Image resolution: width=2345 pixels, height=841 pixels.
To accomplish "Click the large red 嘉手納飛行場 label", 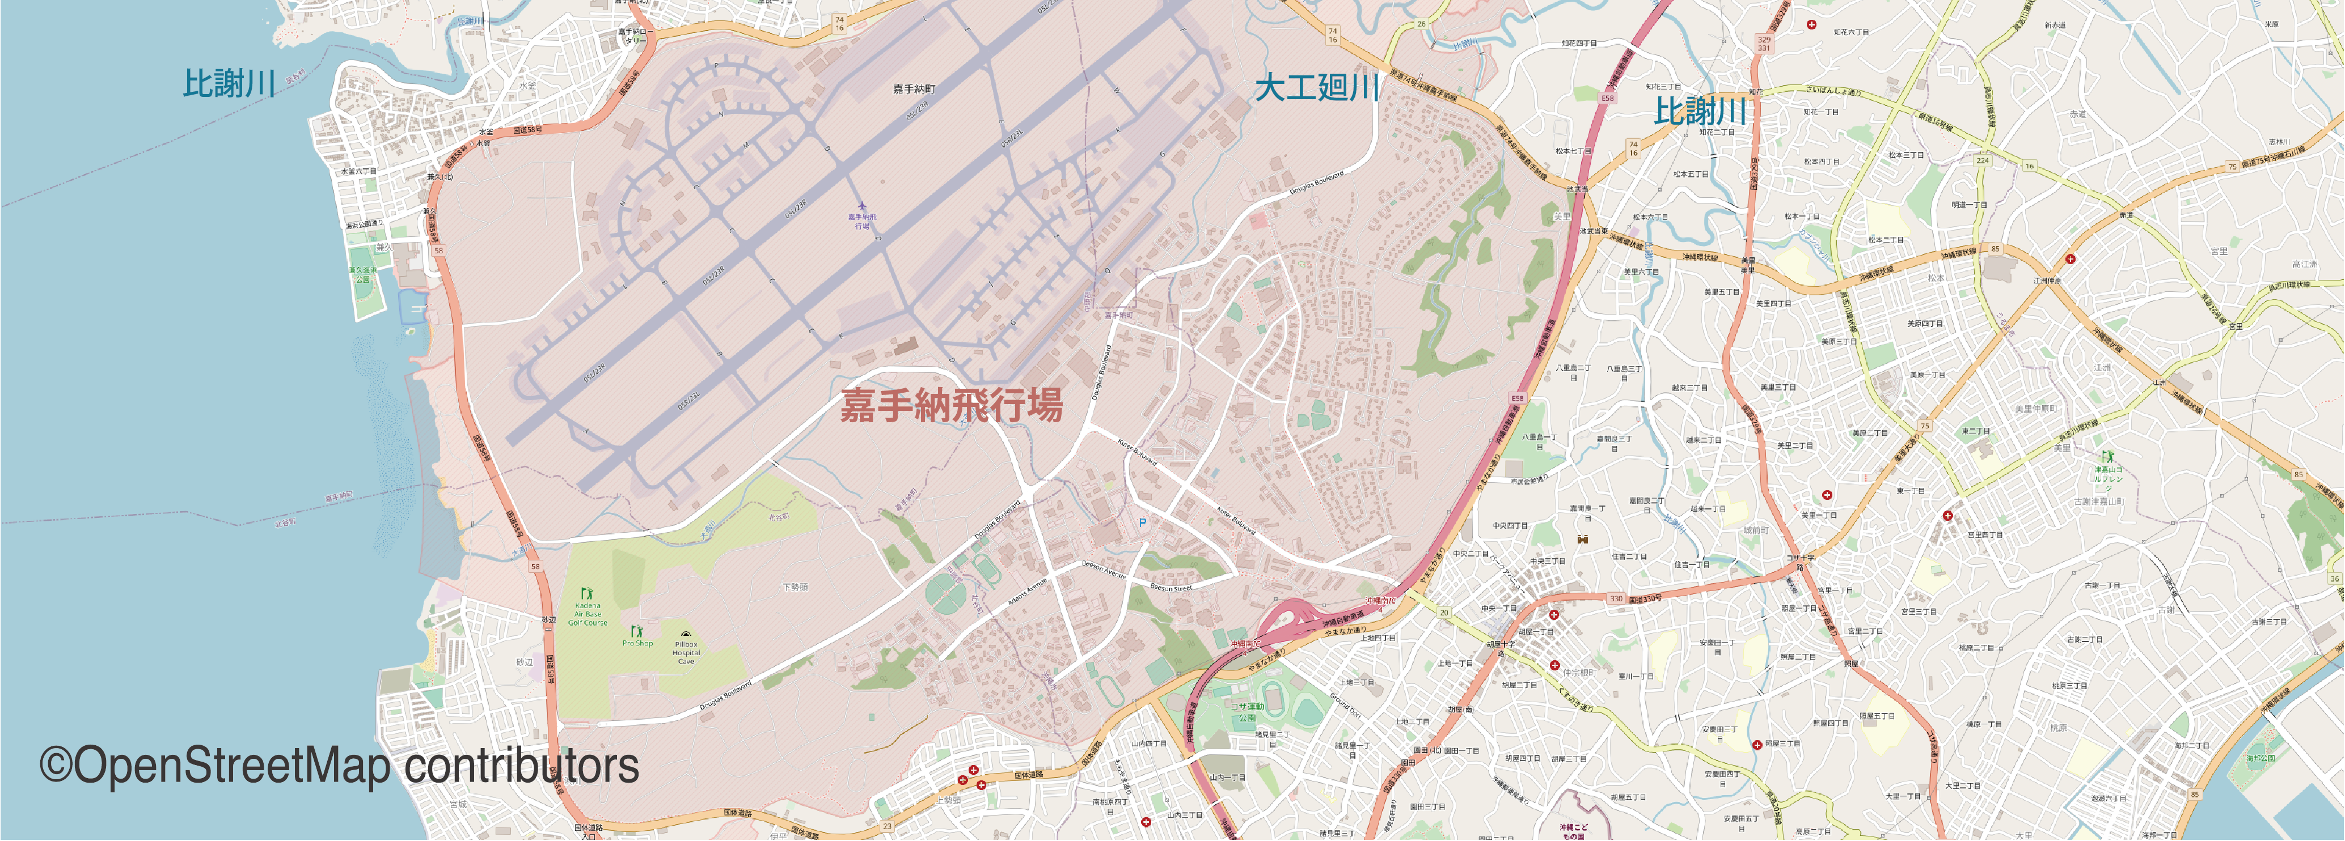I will tap(950, 405).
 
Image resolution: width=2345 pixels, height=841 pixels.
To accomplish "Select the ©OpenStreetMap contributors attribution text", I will tap(339, 766).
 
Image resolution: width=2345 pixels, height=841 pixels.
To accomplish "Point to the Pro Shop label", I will tap(637, 643).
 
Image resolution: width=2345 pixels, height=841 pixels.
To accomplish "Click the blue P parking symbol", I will tap(1143, 523).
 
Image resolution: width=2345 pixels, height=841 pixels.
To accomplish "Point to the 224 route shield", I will tap(1982, 160).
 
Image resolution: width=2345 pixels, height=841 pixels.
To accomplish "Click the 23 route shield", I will tap(886, 826).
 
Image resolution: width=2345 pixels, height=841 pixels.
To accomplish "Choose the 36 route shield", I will tap(2334, 579).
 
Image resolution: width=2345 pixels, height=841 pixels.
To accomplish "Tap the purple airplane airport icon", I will tap(860, 206).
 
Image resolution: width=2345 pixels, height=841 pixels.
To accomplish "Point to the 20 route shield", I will tap(1444, 613).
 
